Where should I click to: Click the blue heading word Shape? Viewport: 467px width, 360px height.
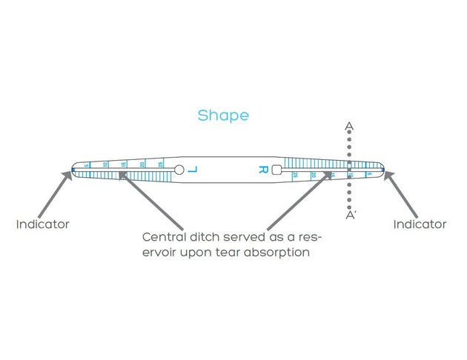click(x=223, y=116)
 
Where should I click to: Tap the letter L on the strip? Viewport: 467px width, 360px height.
click(x=193, y=170)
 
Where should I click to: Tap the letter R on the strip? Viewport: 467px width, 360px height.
click(x=262, y=170)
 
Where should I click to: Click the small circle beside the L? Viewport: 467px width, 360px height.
click(x=179, y=170)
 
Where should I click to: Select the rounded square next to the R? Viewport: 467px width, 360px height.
click(x=276, y=170)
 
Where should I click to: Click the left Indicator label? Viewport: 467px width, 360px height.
click(x=43, y=224)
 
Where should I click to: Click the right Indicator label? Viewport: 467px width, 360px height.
click(x=420, y=224)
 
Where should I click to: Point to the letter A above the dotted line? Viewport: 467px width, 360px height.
click(x=349, y=127)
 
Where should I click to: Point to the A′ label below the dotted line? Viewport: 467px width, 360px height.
click(x=351, y=216)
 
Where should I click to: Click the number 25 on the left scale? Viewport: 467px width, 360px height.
click(x=161, y=163)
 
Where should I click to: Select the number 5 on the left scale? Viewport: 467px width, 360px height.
click(x=87, y=165)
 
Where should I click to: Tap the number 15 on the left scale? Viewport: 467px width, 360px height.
click(x=123, y=164)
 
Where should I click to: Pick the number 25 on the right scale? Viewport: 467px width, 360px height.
click(x=295, y=175)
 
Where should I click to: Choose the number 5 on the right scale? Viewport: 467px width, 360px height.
click(x=368, y=174)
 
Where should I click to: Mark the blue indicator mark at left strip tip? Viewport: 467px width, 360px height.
click(x=73, y=170)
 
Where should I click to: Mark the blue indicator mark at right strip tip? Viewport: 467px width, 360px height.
click(x=382, y=170)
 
